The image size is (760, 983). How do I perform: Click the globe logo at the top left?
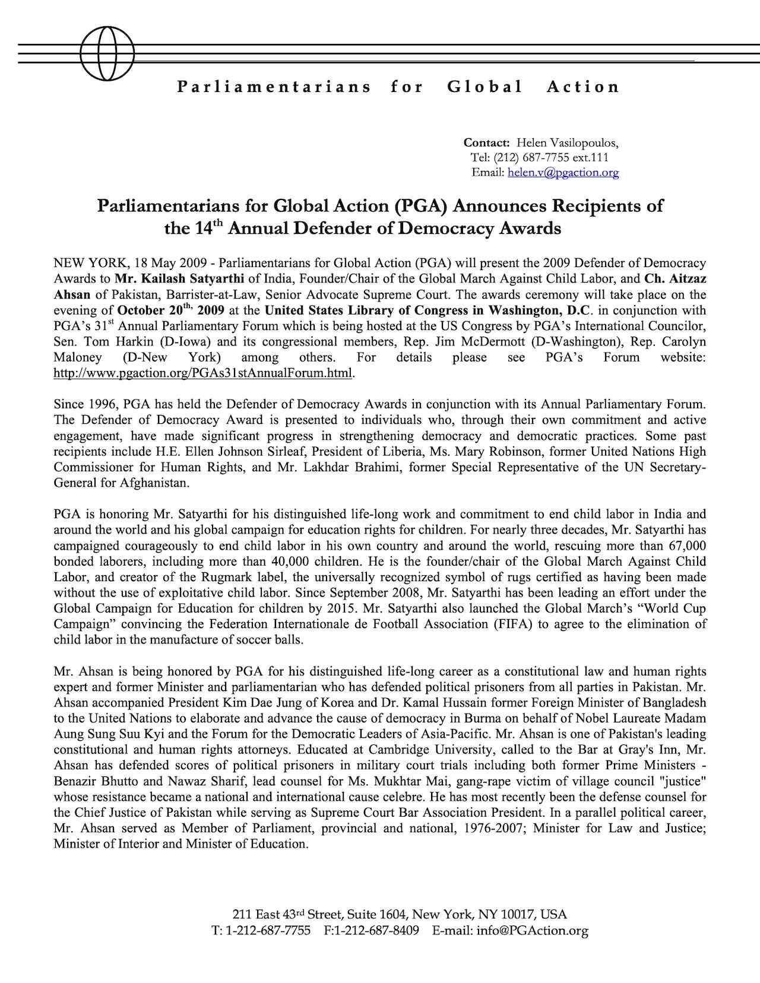[107, 53]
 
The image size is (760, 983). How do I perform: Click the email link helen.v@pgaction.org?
[563, 172]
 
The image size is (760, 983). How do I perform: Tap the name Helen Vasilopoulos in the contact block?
[567, 142]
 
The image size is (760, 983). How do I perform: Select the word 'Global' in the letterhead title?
[484, 87]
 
